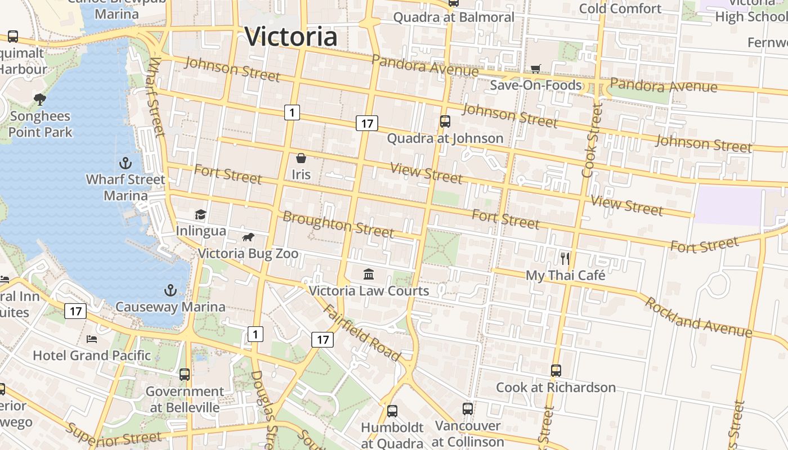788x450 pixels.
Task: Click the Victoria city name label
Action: tap(291, 37)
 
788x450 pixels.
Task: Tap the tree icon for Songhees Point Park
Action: tap(40, 100)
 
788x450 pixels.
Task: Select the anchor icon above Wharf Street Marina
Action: tap(126, 163)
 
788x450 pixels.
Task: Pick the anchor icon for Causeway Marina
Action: tap(170, 290)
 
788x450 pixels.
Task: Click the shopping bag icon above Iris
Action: tap(301, 158)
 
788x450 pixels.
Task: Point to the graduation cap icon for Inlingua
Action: tap(200, 214)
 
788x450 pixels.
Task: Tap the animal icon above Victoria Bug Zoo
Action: tap(248, 237)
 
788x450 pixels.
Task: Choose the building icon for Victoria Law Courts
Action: tap(369, 274)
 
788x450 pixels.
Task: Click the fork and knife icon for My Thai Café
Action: tap(565, 259)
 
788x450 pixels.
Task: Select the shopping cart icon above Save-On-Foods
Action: tap(536, 69)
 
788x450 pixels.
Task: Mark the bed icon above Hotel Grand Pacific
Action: tap(92, 339)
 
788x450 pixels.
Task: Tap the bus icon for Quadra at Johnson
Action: tap(445, 121)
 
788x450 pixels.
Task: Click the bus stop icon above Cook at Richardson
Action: tap(556, 370)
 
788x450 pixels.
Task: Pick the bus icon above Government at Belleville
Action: tap(185, 374)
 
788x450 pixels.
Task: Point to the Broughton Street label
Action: tap(338, 224)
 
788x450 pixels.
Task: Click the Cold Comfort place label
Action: tap(620, 8)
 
